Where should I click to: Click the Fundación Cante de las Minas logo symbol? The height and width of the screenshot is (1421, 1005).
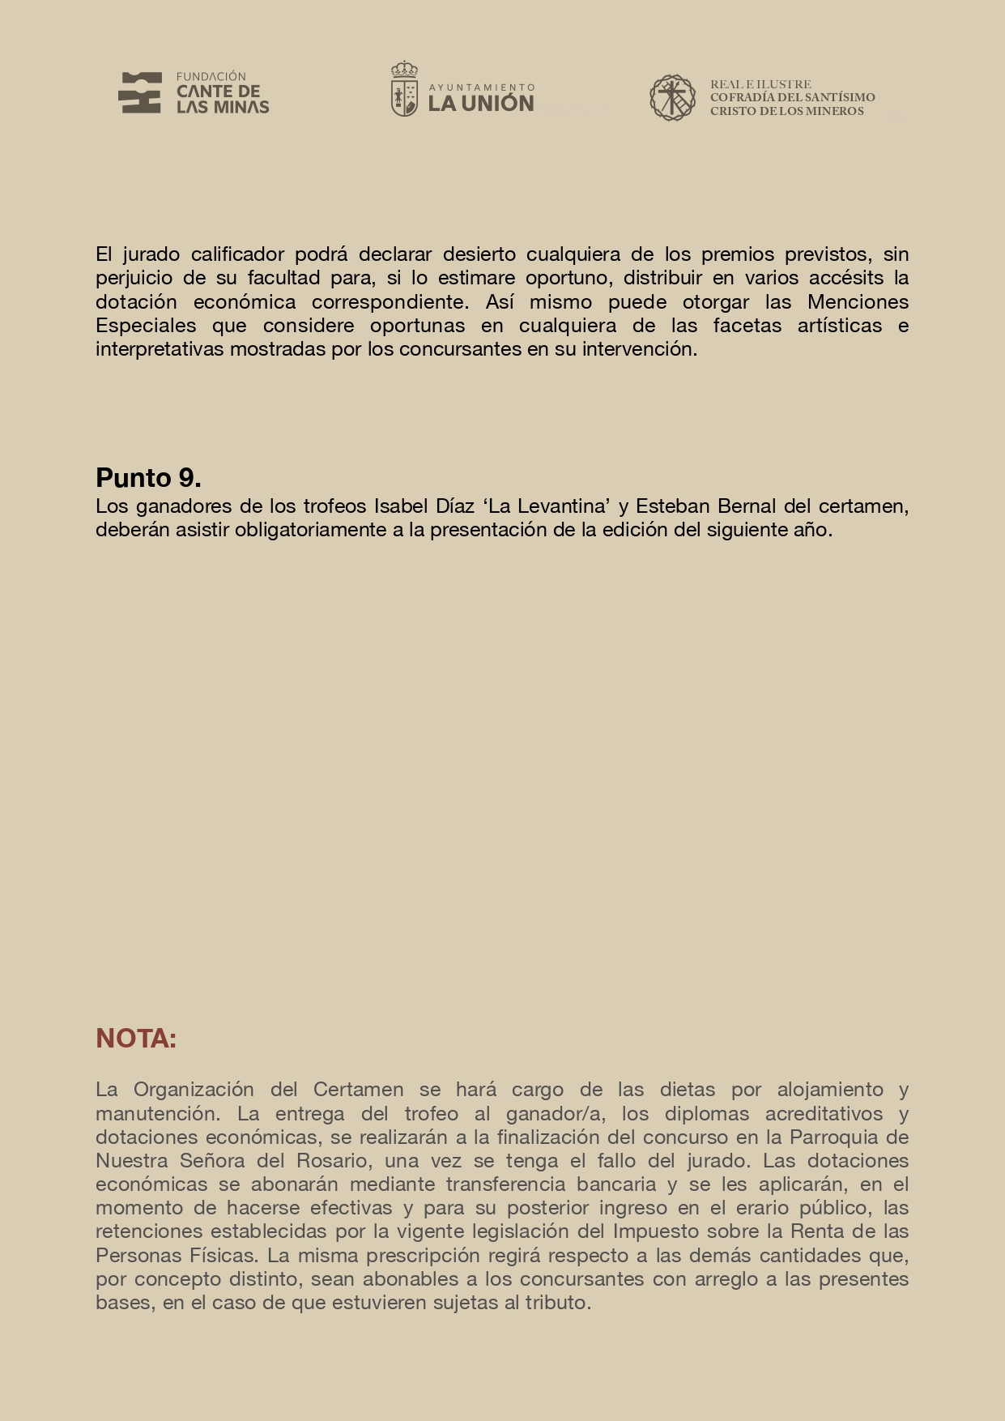coord(139,92)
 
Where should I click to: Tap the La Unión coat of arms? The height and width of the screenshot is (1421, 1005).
coord(404,89)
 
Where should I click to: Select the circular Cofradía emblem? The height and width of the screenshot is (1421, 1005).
coord(672,98)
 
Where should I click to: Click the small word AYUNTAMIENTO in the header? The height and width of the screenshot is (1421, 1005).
coord(481,87)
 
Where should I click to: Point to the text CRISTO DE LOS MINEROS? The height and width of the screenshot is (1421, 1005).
coord(786,112)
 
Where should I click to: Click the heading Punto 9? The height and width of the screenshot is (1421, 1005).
coord(148,478)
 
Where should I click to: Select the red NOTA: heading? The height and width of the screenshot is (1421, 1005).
coord(136,1039)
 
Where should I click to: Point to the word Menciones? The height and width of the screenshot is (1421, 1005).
coord(858,302)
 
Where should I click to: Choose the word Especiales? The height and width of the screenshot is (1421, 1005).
coord(146,326)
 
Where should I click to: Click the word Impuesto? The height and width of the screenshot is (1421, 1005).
coord(655,1231)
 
